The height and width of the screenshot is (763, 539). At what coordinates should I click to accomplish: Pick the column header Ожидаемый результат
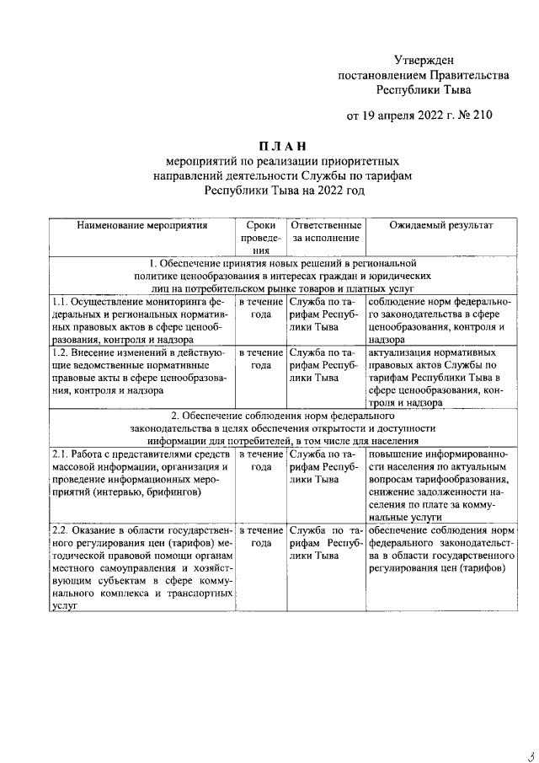coord(440,226)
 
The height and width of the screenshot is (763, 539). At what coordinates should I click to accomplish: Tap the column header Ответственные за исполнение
coord(325,232)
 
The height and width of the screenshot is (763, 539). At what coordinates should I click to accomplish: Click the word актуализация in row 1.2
coord(403,352)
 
